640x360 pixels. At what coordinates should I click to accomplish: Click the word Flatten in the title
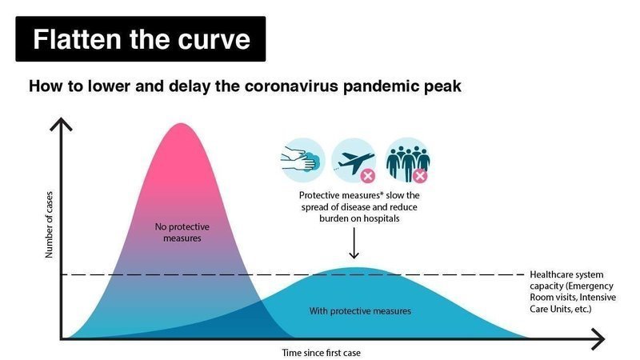[78, 39]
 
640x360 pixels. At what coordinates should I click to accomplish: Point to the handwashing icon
[303, 160]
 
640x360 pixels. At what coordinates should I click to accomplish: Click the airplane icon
[354, 160]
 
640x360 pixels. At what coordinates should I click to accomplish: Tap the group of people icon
[407, 160]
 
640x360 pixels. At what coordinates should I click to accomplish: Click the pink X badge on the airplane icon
[368, 176]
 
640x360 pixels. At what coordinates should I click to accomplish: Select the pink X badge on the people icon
[419, 176]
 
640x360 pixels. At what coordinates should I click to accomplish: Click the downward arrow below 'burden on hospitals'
[354, 243]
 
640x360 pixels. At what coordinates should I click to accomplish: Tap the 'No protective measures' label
[182, 232]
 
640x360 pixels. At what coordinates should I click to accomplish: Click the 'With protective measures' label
[360, 311]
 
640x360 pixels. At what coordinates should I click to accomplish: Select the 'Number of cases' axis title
[49, 225]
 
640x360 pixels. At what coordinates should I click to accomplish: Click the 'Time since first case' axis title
[322, 353]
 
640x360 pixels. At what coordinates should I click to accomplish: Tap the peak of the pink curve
[181, 124]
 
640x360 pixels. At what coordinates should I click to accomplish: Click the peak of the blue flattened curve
[354, 268]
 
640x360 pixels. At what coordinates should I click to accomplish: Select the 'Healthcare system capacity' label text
[573, 291]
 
